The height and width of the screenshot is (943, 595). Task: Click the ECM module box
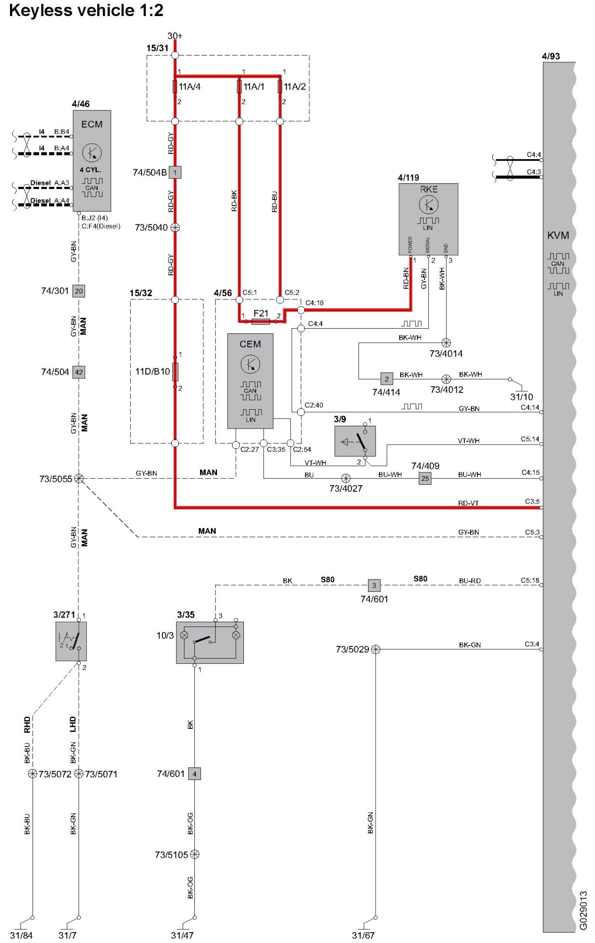(92, 160)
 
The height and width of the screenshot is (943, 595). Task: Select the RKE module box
(428, 219)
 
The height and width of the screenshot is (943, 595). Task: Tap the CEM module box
(250, 381)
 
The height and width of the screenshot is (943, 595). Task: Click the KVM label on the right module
(558, 235)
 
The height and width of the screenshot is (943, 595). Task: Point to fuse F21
(261, 321)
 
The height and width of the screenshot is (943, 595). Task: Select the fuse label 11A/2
(294, 87)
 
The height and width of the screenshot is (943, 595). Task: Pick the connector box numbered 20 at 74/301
(79, 291)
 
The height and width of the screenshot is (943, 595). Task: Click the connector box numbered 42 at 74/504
(79, 372)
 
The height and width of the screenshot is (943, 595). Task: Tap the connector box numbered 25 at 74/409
(425, 479)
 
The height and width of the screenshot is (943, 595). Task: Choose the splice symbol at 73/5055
(79, 479)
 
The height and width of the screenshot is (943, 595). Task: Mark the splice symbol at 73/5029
(376, 649)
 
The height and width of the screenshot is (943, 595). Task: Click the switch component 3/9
(355, 441)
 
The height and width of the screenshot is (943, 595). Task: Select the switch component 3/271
(71, 641)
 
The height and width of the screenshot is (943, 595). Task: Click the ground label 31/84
(21, 935)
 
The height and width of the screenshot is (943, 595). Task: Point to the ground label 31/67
(363, 935)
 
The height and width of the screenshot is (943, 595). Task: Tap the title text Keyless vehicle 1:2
(86, 10)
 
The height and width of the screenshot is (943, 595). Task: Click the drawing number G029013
(583, 910)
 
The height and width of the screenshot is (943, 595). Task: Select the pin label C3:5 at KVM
(532, 501)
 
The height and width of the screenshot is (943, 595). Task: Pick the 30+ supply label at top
(175, 36)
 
